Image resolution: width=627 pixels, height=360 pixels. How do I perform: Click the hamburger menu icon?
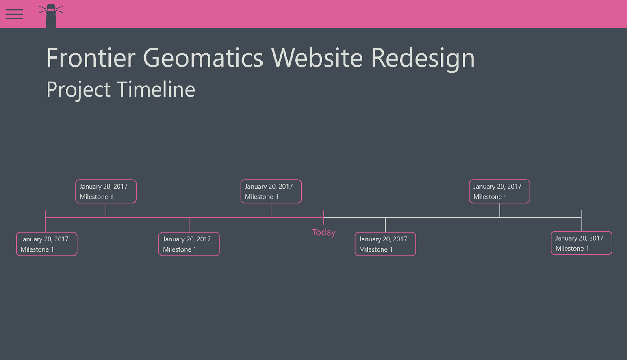click(x=14, y=14)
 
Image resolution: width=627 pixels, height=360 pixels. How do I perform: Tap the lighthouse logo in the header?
click(x=51, y=16)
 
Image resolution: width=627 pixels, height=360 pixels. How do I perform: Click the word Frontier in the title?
click(x=91, y=58)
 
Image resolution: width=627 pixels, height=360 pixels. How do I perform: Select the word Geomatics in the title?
click(x=203, y=58)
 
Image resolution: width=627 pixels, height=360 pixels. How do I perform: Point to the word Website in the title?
click(x=317, y=58)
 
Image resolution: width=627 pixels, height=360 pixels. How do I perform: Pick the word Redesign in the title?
click(x=423, y=58)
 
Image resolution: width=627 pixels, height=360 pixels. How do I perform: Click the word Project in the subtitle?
click(x=78, y=90)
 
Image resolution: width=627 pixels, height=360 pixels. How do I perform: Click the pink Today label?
click(x=323, y=232)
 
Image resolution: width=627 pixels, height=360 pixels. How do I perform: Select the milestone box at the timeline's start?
click(x=47, y=244)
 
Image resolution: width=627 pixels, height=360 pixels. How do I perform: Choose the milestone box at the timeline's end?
click(x=581, y=243)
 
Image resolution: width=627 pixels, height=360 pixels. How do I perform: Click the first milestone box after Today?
click(x=385, y=244)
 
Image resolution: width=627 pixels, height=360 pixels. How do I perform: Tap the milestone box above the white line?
click(x=499, y=191)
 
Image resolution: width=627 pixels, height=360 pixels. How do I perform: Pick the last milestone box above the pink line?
click(x=271, y=191)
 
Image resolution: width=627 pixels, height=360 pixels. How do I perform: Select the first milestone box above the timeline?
click(x=106, y=191)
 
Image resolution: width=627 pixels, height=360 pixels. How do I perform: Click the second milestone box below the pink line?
click(x=189, y=244)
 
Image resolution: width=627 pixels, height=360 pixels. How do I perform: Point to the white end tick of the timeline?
click(x=581, y=215)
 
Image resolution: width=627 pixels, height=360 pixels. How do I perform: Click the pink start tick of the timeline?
click(x=45, y=215)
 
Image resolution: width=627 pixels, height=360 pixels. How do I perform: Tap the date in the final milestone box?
click(x=579, y=238)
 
